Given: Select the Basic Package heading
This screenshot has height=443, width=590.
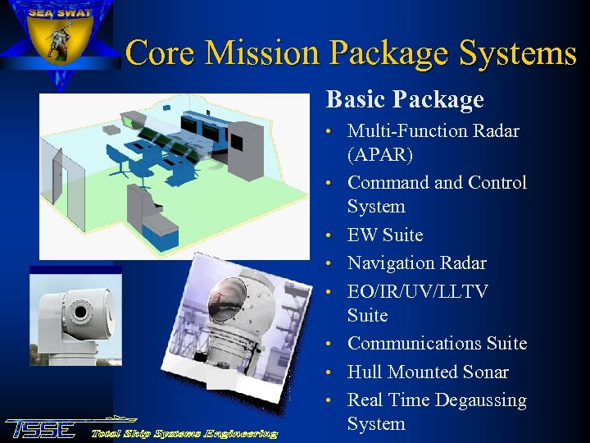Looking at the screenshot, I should (x=405, y=100).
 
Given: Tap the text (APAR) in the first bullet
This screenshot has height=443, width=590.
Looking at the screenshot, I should (x=380, y=155).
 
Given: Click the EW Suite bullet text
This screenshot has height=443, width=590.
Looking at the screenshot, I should (x=385, y=235).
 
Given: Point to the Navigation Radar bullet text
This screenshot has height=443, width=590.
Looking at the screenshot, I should (x=416, y=263).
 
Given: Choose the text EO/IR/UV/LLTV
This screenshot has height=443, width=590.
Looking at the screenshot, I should (x=418, y=292).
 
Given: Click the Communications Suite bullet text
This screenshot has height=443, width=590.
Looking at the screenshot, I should (x=437, y=344).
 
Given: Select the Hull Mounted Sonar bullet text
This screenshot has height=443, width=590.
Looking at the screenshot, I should (x=428, y=372).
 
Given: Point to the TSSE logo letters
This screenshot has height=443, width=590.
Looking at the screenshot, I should (x=41, y=429).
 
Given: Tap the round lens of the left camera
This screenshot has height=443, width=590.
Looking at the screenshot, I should (x=79, y=313).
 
